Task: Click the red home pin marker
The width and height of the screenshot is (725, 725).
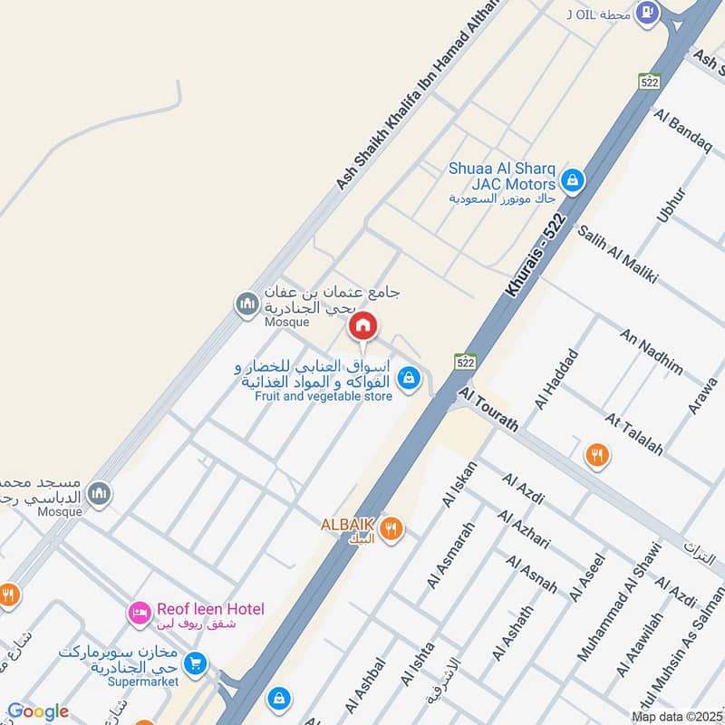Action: coord(363,324)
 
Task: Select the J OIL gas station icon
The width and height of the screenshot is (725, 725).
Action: coord(647,12)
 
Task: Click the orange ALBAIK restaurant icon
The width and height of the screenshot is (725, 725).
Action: coord(391,528)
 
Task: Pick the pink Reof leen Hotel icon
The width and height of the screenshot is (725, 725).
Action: coord(139,614)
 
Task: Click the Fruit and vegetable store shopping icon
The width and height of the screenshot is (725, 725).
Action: coord(410,377)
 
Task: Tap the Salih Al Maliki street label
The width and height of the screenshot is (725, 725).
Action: coord(617,254)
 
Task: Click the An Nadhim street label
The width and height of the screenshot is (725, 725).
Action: coord(651,352)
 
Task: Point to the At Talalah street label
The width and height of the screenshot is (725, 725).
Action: coord(635,434)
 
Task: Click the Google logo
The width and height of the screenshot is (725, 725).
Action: coord(38,711)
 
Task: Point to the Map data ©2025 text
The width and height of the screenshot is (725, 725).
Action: coord(676,717)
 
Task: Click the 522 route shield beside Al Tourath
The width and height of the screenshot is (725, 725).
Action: coord(465,362)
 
